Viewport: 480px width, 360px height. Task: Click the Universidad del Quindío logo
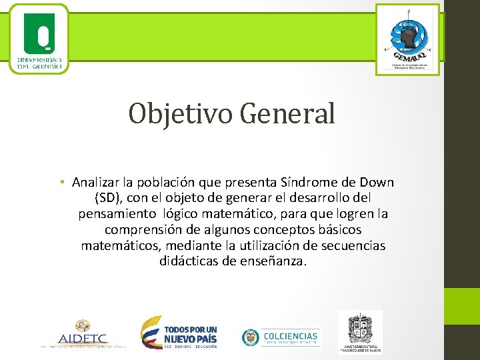(39, 39)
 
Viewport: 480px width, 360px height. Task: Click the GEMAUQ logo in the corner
(407, 39)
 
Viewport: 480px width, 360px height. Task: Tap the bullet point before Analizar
(61, 183)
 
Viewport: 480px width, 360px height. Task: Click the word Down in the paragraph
(376, 183)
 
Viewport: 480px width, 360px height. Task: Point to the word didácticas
(189, 261)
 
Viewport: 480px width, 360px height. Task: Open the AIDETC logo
(83, 333)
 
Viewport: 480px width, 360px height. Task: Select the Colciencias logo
(281, 337)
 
